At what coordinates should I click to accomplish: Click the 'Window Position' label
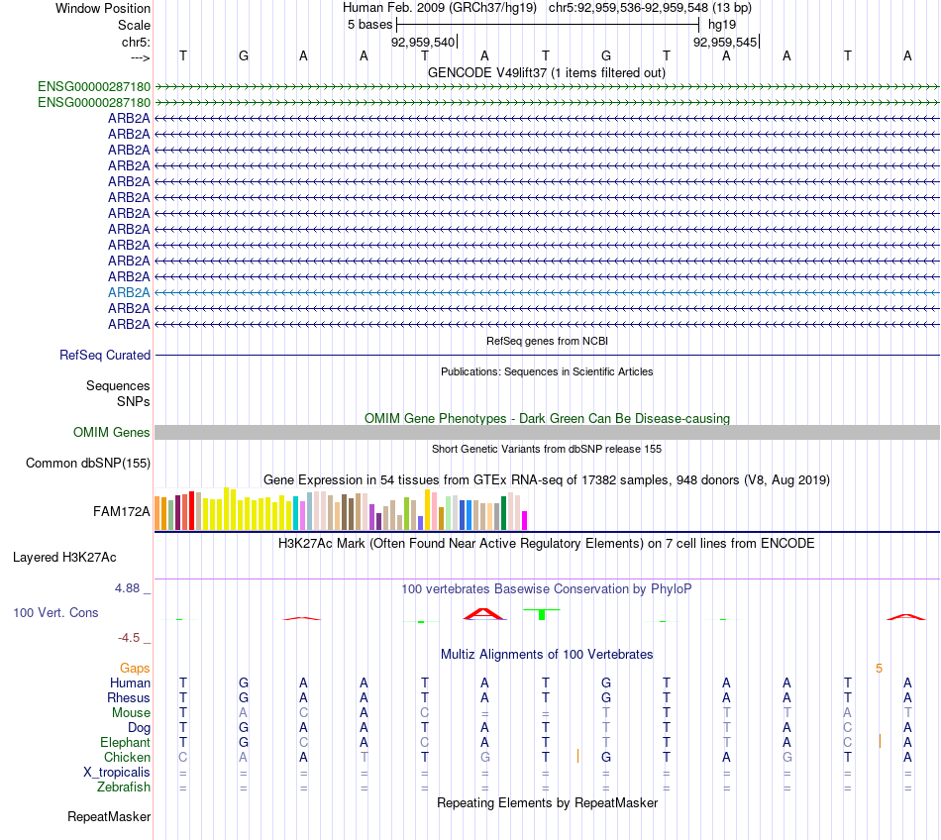[103, 8]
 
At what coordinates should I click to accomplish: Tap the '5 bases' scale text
[369, 24]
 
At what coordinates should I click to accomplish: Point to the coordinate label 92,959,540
[423, 42]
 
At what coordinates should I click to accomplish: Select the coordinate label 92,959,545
[725, 42]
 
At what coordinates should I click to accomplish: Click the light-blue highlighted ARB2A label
[129, 292]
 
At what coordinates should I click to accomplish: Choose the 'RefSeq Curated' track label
[105, 355]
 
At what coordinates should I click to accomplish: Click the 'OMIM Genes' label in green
[112, 432]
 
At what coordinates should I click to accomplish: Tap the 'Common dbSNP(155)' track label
[88, 463]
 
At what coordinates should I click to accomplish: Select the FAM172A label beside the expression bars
[122, 511]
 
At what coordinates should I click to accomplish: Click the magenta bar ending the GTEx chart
[525, 520]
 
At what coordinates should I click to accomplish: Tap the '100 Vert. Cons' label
[55, 612]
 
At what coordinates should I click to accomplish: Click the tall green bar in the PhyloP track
[542, 614]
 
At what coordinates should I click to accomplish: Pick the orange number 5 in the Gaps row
[879, 668]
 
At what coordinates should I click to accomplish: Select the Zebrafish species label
[124, 787]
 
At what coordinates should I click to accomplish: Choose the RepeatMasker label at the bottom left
[109, 817]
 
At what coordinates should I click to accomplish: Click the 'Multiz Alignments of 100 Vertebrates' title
[547, 654]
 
